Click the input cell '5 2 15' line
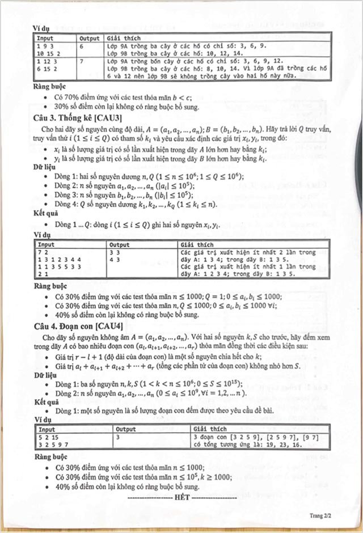tap(47, 437)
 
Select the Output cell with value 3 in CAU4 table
tap(119, 437)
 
